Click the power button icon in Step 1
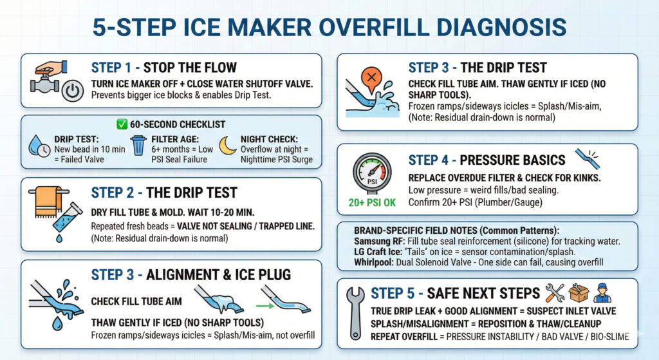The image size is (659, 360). pos(73,90)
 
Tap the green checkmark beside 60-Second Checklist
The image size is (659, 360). pos(122,124)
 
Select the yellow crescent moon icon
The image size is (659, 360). pos(227,145)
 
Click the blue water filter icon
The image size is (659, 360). pos(138,146)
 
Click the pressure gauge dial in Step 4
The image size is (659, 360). pos(373,172)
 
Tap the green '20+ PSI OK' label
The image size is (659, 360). pos(372,203)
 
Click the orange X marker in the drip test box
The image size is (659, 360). pos(371,78)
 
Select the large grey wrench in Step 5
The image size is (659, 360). pos(355,312)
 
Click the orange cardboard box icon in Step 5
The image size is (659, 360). pos(579,293)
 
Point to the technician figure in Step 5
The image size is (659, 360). pos(602,293)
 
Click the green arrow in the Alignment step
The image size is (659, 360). pos(265,306)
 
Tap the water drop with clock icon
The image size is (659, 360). pos(39,146)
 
